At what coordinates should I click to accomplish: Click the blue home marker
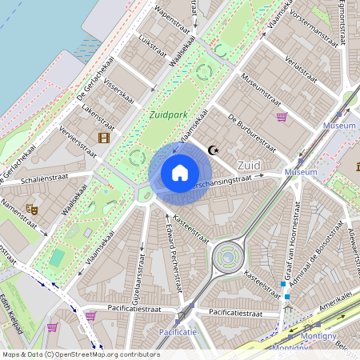tap(180, 173)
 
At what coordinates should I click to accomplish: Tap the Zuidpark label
tap(168, 114)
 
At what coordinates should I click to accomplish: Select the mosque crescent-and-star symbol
tap(213, 150)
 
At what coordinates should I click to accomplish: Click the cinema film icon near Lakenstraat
tap(103, 138)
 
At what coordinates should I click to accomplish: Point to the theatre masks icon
tap(33, 209)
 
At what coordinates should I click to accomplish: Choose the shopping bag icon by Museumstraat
tap(282, 117)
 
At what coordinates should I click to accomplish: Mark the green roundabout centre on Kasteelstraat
tap(227, 257)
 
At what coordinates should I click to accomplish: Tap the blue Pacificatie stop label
tap(178, 331)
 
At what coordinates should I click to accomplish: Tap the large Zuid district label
tap(250, 164)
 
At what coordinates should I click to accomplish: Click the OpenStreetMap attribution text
tap(81, 354)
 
